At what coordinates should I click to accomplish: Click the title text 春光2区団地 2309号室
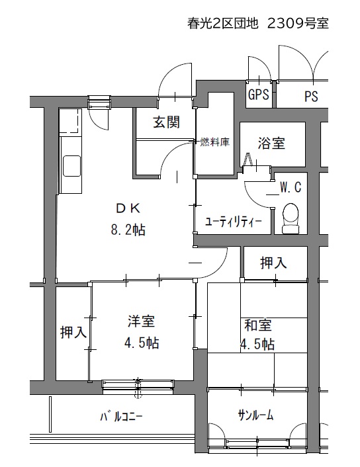pos(258,23)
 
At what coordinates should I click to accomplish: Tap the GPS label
pos(258,95)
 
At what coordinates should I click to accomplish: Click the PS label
pos(311,96)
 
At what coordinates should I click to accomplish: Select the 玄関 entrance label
pos(166,122)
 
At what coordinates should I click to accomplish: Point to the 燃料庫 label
pos(214,142)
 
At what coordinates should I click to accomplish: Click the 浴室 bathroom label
pos(271,144)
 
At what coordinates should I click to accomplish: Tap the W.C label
pos(291,187)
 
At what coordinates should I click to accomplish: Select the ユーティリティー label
pos(234,222)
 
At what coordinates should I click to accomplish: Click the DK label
pos(128,208)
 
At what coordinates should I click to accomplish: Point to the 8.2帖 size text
pos(128,230)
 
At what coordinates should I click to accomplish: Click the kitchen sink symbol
pos(71,165)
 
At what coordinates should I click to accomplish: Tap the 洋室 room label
pos(141,321)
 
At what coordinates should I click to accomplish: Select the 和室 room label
pos(258,325)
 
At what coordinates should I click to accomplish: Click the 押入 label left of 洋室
pos(73,332)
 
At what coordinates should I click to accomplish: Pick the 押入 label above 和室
pos(273,263)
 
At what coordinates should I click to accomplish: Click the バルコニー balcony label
pos(121,417)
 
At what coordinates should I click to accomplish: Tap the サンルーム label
pos(255,415)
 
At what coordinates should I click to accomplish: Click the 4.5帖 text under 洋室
pos(142,343)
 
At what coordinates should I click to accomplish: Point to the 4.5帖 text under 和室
pos(257,345)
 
